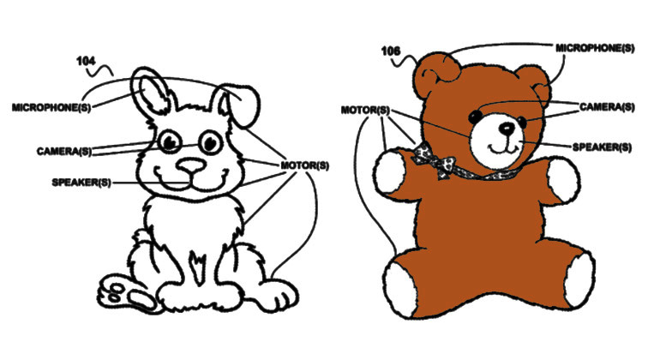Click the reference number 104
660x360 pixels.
tap(86, 62)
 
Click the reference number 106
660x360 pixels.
tap(390, 51)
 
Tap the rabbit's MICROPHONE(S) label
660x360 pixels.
tap(51, 107)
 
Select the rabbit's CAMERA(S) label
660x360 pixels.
tap(64, 151)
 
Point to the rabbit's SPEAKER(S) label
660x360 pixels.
tap(81, 183)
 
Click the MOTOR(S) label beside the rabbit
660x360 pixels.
tap(305, 165)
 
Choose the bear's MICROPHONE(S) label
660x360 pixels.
tap(595, 48)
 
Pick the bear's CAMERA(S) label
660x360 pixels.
tap(607, 107)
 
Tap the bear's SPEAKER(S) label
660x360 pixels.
tap(602, 147)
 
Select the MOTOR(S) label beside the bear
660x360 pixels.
tap(365, 111)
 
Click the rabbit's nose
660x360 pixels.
tap(191, 166)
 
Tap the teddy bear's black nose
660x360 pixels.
tap(507, 128)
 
